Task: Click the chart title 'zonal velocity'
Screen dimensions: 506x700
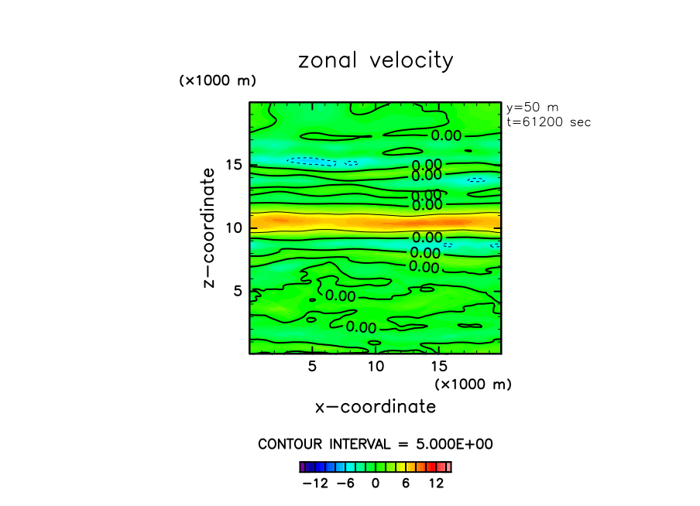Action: (376, 61)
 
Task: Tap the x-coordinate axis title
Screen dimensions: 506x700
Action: (376, 406)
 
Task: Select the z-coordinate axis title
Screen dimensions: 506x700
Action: (208, 231)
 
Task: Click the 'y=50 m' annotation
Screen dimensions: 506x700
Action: (532, 108)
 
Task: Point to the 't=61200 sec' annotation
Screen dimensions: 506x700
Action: (548, 121)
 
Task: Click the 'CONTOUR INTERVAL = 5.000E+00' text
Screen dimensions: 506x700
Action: (376, 444)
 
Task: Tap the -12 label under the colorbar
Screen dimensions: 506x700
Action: (315, 483)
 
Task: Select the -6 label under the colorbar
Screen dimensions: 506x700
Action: (345, 483)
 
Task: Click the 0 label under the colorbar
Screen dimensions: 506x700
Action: (376, 483)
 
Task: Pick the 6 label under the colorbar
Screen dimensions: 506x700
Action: (406, 483)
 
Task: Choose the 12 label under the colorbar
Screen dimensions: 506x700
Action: (436, 483)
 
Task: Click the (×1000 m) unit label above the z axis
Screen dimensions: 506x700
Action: (218, 80)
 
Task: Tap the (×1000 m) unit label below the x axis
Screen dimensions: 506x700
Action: (473, 384)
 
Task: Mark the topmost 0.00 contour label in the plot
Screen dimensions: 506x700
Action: (447, 136)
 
